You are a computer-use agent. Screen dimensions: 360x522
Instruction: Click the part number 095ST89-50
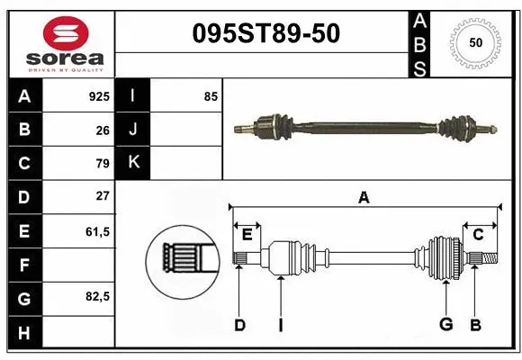click(x=266, y=33)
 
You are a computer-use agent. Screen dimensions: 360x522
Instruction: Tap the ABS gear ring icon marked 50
click(x=474, y=42)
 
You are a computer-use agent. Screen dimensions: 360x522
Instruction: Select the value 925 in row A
click(x=99, y=95)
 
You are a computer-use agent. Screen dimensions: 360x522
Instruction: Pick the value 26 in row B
click(x=103, y=130)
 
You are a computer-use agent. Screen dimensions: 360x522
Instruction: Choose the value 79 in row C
click(x=103, y=163)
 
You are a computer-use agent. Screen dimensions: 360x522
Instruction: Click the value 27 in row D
click(x=103, y=196)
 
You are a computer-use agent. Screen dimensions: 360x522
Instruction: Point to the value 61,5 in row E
click(x=97, y=231)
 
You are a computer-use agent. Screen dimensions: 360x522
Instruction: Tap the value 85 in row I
click(x=211, y=95)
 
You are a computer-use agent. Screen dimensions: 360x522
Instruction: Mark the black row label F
click(x=23, y=265)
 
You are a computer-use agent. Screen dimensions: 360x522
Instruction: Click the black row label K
click(x=133, y=163)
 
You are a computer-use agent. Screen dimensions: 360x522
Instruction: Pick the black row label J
click(x=133, y=130)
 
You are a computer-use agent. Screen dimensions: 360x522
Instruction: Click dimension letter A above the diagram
click(x=364, y=198)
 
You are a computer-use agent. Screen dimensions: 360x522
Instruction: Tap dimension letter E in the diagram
click(x=247, y=235)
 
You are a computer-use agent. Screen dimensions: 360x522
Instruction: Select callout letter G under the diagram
click(x=445, y=325)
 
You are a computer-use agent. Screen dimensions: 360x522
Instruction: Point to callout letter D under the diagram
click(x=239, y=325)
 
